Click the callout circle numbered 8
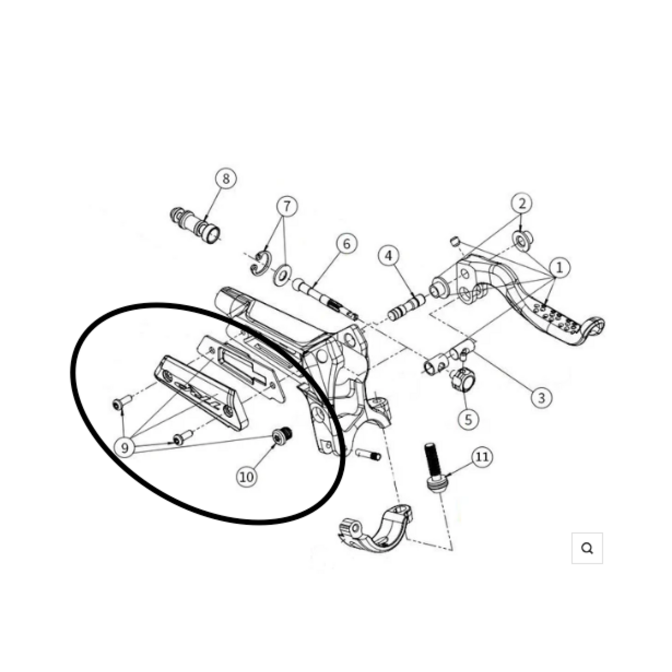(226, 179)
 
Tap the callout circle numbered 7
(287, 206)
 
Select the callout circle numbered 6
(347, 244)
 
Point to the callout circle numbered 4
(388, 256)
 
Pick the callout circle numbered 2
(522, 203)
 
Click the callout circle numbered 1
(560, 268)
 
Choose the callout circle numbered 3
(542, 397)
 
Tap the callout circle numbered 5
(469, 419)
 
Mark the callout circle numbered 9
(125, 448)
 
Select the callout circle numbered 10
(247, 477)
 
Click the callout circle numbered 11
(482, 457)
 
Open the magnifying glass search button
(587, 548)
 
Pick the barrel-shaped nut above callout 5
(462, 380)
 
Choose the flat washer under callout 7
(282, 274)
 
